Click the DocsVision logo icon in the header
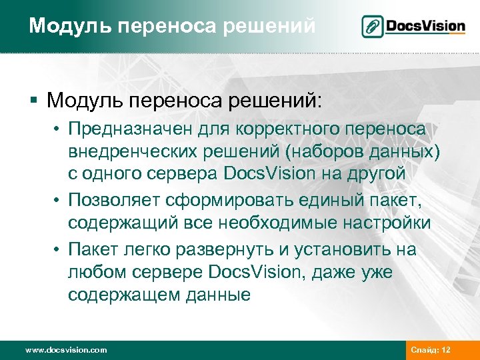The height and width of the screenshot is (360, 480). (372, 27)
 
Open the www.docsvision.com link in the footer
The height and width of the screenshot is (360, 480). (65, 350)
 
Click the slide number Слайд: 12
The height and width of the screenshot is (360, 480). (431, 350)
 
